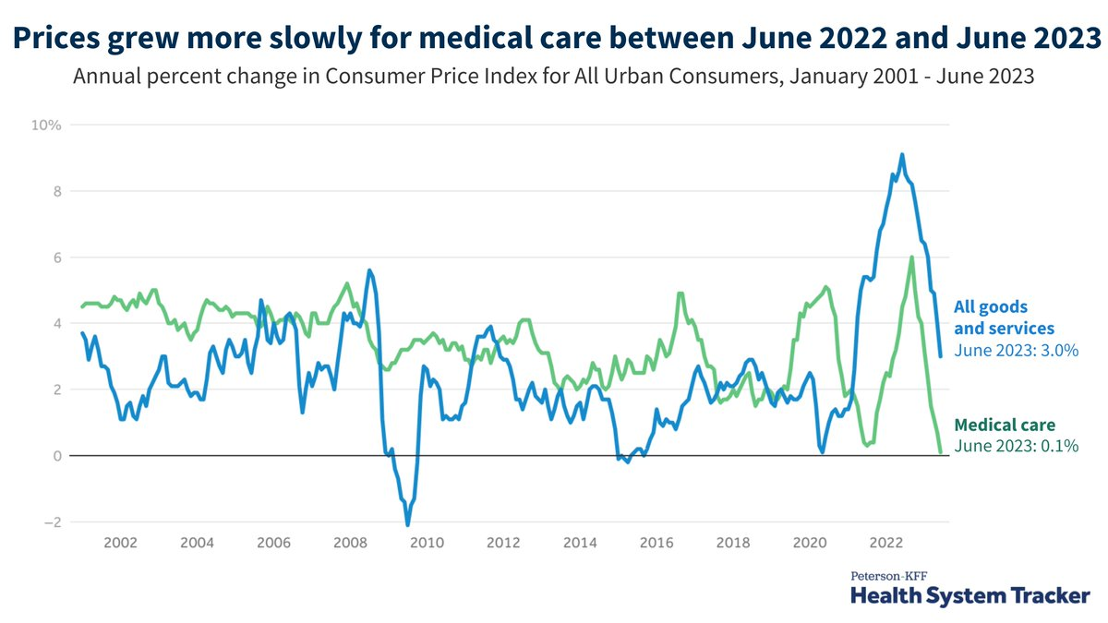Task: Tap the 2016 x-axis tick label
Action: pyautogui.click(x=655, y=542)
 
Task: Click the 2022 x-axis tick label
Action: pyautogui.click(x=886, y=542)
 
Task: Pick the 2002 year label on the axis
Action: pyautogui.click(x=121, y=542)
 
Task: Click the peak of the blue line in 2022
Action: pyautogui.click(x=902, y=154)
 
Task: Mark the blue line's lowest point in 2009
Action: pyautogui.click(x=407, y=525)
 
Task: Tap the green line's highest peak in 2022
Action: pyautogui.click(x=912, y=258)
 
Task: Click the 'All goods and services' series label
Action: pyautogui.click(x=1004, y=317)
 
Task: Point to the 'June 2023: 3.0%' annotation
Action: pyautogui.click(x=1016, y=351)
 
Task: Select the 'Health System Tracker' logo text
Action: pyautogui.click(x=969, y=596)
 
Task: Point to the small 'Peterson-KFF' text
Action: pyautogui.click(x=889, y=575)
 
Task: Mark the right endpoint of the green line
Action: pyautogui.click(x=941, y=452)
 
